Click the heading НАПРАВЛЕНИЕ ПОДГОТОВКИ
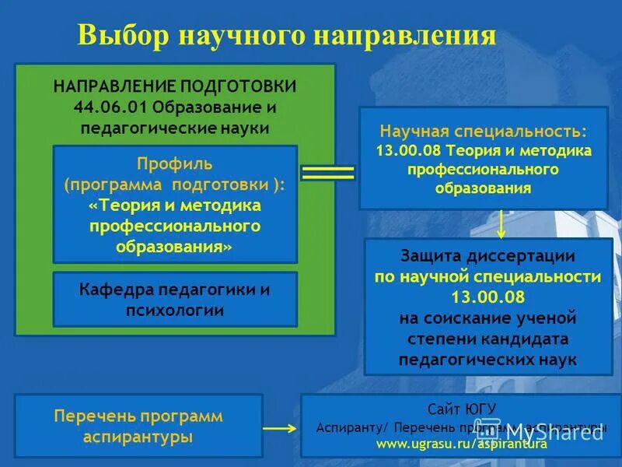click(x=175, y=86)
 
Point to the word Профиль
click(x=175, y=164)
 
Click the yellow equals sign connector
click(x=327, y=174)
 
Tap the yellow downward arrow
click(x=501, y=224)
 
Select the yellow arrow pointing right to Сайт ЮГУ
click(x=281, y=427)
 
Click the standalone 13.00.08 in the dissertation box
click(x=487, y=297)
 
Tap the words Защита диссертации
click(x=487, y=256)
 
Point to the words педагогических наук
click(x=487, y=360)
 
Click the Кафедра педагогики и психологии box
click(x=175, y=300)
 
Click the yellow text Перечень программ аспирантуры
click(x=138, y=426)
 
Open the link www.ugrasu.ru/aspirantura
click(x=462, y=444)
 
